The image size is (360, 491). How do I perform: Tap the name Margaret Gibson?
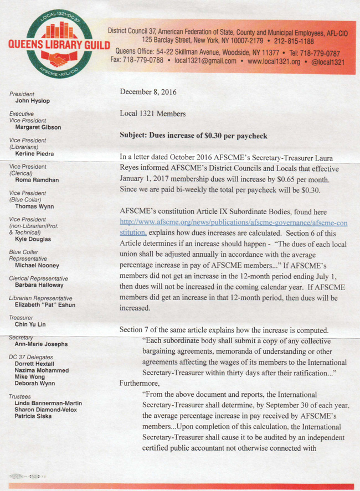pos(38,127)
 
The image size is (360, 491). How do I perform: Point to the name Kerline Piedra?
pos(37,153)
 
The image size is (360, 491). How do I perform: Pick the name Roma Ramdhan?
pos(37,180)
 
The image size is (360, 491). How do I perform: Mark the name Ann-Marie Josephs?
pos(42,344)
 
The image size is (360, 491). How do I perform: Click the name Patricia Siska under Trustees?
pos(37,415)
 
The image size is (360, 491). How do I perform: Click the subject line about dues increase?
pos(193,136)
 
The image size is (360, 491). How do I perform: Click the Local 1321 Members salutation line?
pos(153,113)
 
